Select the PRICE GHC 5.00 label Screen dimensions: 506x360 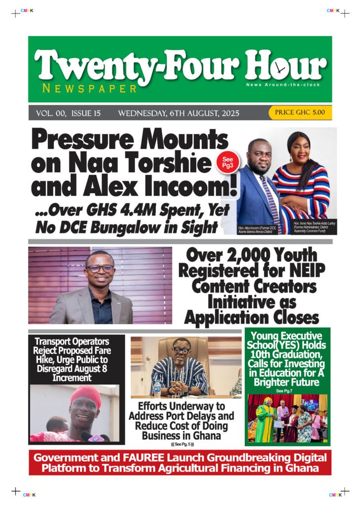tap(300, 113)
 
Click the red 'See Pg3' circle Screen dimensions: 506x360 tap(227, 163)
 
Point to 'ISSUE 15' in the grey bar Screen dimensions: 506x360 tap(86, 113)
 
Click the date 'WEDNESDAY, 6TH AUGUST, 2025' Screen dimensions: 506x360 tap(179, 113)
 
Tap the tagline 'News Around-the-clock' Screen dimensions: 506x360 tap(278, 85)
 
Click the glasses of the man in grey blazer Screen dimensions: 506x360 tap(99, 268)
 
